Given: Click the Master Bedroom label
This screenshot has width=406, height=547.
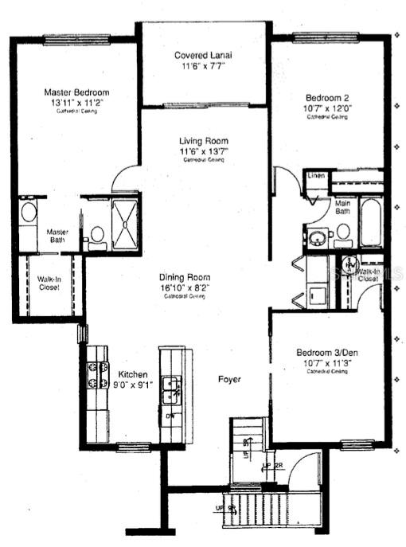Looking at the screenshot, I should [76, 92].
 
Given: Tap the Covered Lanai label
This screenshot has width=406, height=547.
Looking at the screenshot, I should [204, 55].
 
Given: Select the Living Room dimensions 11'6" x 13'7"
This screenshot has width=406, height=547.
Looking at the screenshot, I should [204, 151].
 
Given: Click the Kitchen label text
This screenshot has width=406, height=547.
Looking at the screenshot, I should [132, 373].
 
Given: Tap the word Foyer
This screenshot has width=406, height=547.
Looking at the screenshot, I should [229, 379].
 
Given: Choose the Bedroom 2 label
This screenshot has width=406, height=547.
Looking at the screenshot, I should [327, 96].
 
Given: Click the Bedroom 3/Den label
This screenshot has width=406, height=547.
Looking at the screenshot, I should [327, 352].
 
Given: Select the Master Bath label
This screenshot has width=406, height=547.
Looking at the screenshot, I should [57, 235].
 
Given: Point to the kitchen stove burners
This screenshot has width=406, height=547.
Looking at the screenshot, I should [97, 374].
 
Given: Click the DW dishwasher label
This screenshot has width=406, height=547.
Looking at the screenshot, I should [168, 416].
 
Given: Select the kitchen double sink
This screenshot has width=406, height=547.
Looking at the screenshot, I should [170, 389].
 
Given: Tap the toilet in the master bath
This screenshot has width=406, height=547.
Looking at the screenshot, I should [97, 234].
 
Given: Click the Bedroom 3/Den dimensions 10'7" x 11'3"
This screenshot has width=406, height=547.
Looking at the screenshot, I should [327, 363].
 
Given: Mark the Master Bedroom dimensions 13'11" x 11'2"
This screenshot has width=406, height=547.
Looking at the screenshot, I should [76, 104].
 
